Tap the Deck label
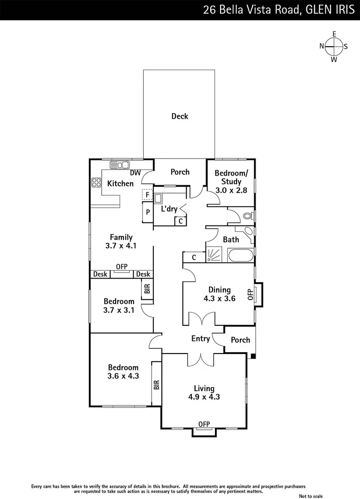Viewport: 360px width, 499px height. click(180, 116)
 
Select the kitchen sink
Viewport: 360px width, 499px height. click(120, 165)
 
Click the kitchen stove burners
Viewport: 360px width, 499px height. click(97, 183)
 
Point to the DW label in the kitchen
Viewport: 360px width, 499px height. click(135, 173)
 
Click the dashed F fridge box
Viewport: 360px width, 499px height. click(147, 195)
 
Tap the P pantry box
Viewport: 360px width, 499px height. click(147, 213)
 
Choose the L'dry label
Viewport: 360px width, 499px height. click(169, 209)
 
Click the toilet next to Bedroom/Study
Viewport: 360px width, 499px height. click(248, 215)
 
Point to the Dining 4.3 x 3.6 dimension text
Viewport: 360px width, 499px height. click(220, 298)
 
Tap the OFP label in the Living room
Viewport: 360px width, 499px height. click(204, 424)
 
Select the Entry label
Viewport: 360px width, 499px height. click(201, 339)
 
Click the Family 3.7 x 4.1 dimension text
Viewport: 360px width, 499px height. click(122, 246)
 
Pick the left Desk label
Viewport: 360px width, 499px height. click(100, 274)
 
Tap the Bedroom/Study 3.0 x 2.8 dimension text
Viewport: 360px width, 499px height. click(231, 190)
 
